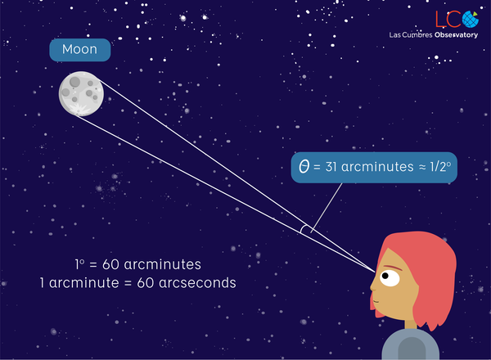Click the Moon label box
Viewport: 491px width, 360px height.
click(79, 50)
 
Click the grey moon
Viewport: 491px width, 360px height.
click(80, 93)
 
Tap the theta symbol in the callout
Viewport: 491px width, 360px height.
click(305, 168)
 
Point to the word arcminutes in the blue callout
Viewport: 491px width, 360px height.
click(375, 168)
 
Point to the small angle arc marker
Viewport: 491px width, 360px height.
click(304, 231)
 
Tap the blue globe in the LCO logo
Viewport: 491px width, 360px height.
click(470, 19)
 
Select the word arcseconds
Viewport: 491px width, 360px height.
click(196, 282)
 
